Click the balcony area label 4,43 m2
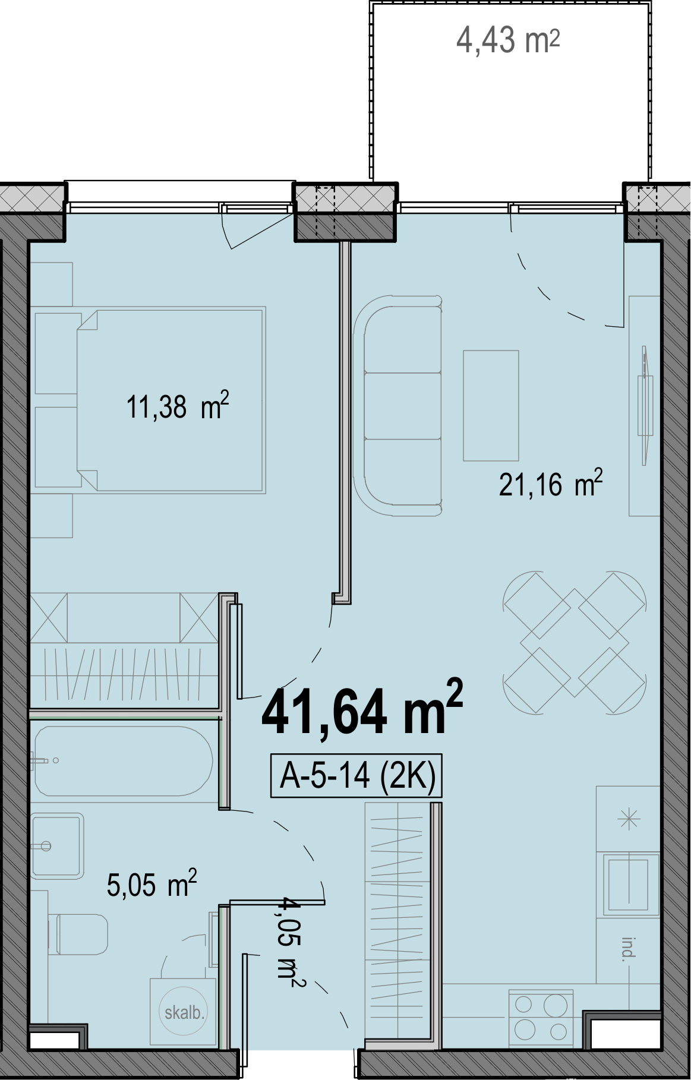(508, 40)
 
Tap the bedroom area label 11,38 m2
(178, 406)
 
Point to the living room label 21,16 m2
(551, 484)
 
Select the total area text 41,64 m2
(362, 708)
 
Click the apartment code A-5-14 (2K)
(357, 775)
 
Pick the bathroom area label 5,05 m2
(152, 884)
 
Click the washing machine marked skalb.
(183, 1012)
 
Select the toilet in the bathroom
(82, 934)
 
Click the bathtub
(123, 761)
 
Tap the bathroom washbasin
(57, 846)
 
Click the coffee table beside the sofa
(491, 406)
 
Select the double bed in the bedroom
(171, 400)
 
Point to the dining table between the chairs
(575, 642)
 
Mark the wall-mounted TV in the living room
(645, 406)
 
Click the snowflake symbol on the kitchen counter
(629, 820)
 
